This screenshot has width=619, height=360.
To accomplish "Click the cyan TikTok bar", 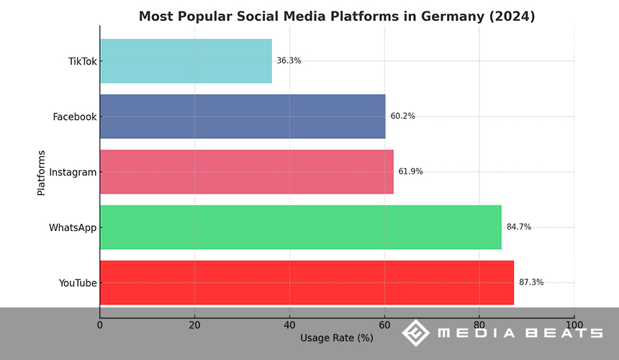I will pyautogui.click(x=186, y=61).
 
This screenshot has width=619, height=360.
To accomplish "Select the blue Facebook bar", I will pyautogui.click(x=243, y=117).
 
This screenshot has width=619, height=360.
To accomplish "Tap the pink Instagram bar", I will pyautogui.click(x=247, y=172).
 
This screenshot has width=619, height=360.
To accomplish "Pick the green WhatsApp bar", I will pyautogui.click(x=301, y=228).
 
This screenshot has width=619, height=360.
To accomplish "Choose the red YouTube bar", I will pyautogui.click(x=307, y=283).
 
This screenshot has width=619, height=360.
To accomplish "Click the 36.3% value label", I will pyautogui.click(x=289, y=61).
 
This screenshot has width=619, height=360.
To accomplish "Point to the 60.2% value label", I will pyautogui.click(x=402, y=117).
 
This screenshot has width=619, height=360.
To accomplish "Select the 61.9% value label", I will pyautogui.click(x=410, y=172).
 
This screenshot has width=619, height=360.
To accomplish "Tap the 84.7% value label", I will pyautogui.click(x=518, y=228).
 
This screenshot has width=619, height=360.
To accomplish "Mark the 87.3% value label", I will pyautogui.click(x=531, y=283).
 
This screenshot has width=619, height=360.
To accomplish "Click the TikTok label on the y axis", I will pyautogui.click(x=82, y=61).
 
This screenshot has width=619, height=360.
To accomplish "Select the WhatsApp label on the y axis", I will pyautogui.click(x=73, y=228).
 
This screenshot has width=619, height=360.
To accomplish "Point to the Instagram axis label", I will pyautogui.click(x=73, y=172).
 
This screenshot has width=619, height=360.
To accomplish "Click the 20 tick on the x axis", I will pyautogui.click(x=194, y=325).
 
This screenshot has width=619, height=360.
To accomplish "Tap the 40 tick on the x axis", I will pyautogui.click(x=289, y=325).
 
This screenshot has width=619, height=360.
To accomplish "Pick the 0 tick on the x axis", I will pyautogui.click(x=100, y=325).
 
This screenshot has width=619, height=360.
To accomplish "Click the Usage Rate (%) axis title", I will pyautogui.click(x=336, y=338).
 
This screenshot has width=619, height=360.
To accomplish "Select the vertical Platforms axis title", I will pyautogui.click(x=41, y=172).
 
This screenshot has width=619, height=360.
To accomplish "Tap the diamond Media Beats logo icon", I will pyautogui.click(x=415, y=333).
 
